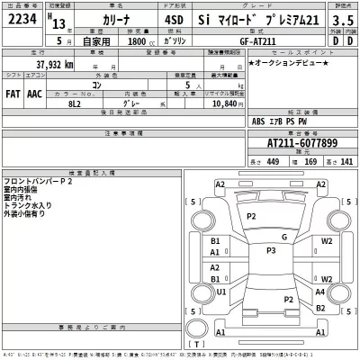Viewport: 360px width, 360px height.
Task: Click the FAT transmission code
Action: click(14, 93)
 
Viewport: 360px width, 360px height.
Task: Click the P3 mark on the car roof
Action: click(270, 249)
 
